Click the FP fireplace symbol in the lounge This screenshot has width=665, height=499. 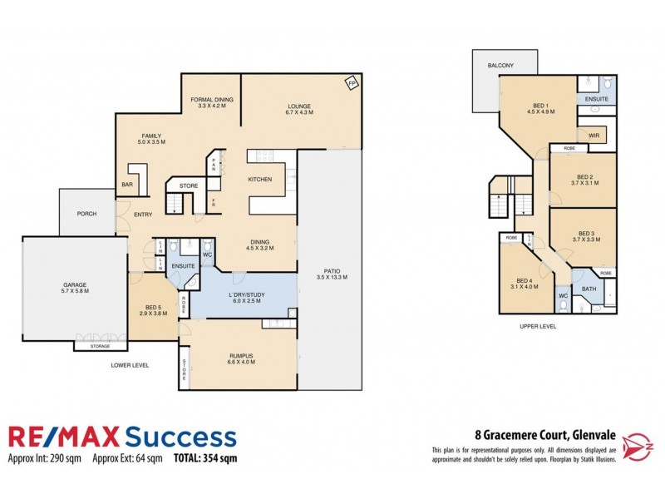[x=352, y=84]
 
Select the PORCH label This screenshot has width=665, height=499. [x=86, y=214]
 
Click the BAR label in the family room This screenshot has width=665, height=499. [x=128, y=185]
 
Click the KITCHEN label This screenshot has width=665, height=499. [x=261, y=179]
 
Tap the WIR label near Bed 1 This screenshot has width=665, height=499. [x=594, y=134]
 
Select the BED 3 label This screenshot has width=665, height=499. [x=586, y=234]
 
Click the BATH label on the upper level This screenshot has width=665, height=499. [x=589, y=289]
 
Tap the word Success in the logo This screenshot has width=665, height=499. [x=180, y=437]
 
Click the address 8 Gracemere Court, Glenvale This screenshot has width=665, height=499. [x=521, y=433]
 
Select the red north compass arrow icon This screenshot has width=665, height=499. [x=637, y=439]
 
